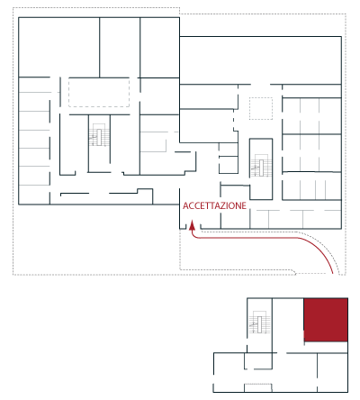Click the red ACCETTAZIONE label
(x=214, y=205)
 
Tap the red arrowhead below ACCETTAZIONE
(x=193, y=226)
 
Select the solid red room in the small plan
(x=326, y=320)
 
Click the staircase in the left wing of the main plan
(x=99, y=135)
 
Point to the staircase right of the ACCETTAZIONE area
(x=261, y=166)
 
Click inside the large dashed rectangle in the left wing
(x=99, y=92)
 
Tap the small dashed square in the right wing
(x=261, y=108)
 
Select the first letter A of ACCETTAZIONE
(x=185, y=205)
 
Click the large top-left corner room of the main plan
(x=58, y=47)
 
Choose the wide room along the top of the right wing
(x=260, y=60)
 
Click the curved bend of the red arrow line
(x=318, y=247)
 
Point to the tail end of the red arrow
(x=333, y=273)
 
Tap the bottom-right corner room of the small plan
(x=332, y=372)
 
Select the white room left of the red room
(x=288, y=325)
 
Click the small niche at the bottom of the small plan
(x=258, y=387)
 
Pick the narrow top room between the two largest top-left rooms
(x=120, y=48)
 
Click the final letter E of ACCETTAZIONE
(x=244, y=205)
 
